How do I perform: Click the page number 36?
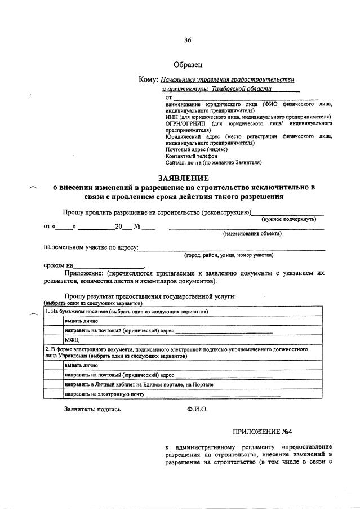188,40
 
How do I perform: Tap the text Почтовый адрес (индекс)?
197,149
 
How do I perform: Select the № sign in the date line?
136,227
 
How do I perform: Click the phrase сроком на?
59,265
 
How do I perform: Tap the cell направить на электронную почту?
104,394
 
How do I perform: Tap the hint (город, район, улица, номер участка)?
229,255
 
